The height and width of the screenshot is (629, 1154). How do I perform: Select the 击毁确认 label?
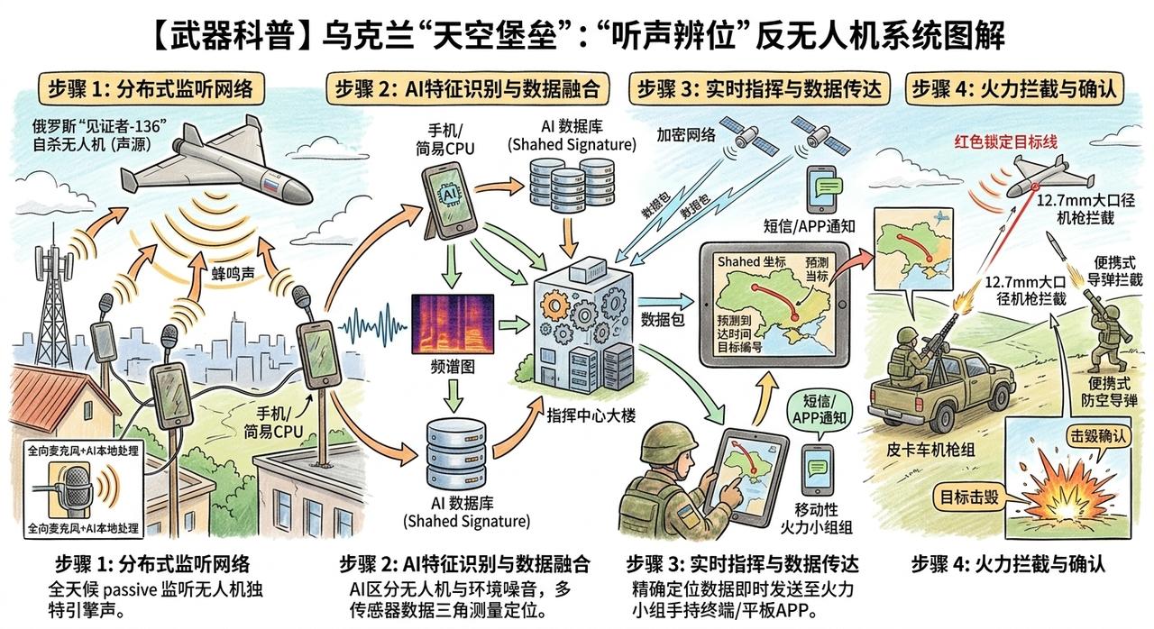(1098, 436)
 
